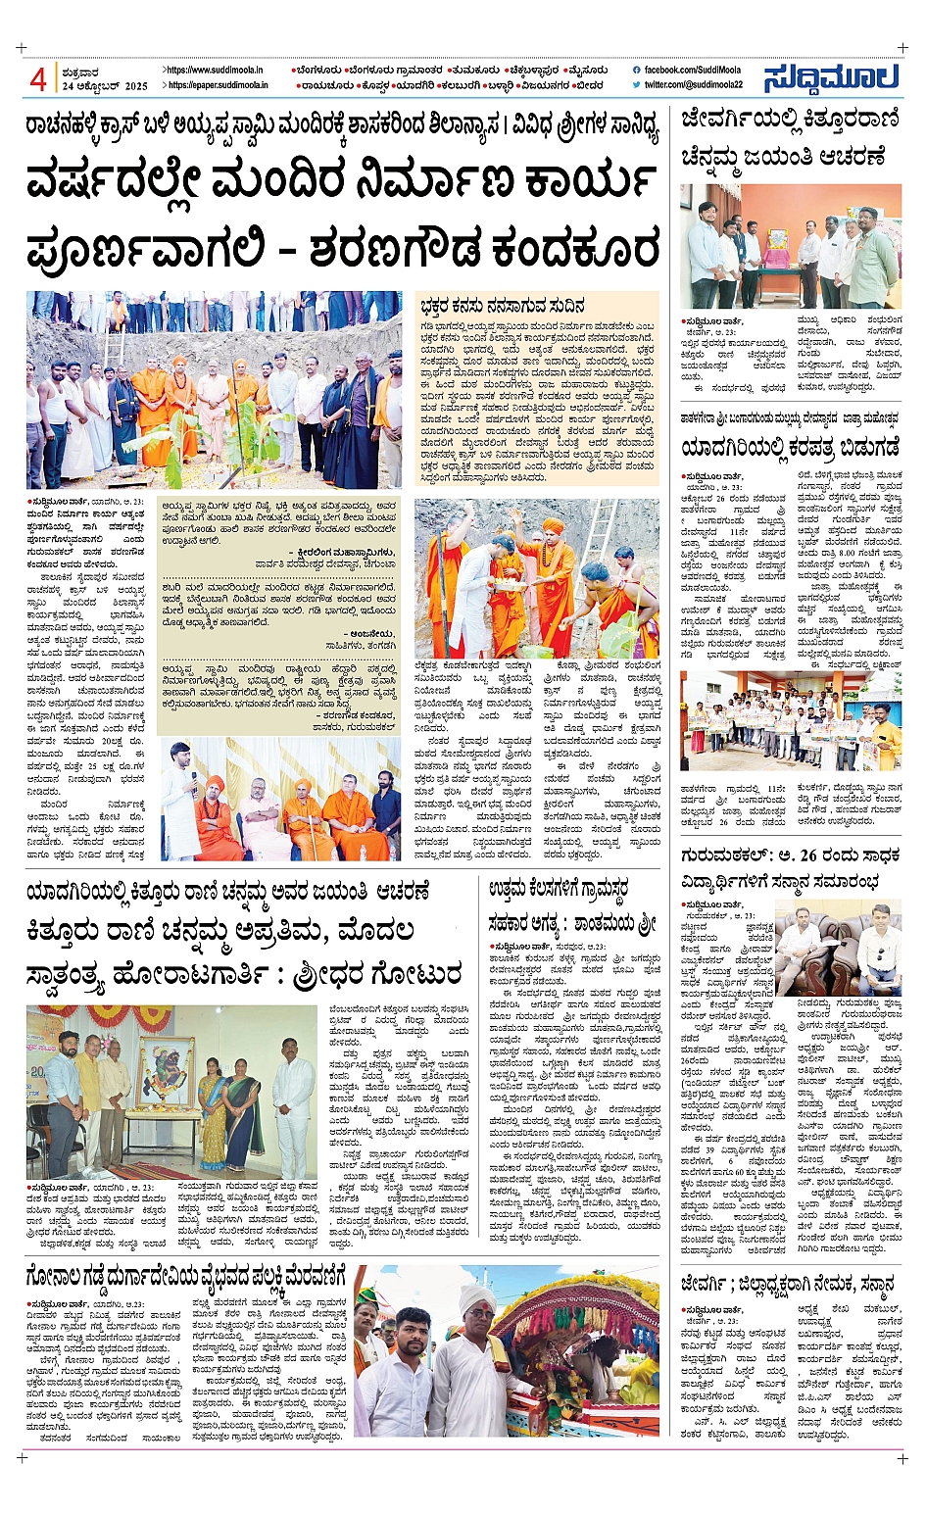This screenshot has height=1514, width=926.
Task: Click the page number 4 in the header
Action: coord(38,78)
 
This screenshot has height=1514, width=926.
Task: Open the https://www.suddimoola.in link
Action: coord(215,71)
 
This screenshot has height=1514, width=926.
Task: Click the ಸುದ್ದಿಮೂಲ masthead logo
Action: coord(830,78)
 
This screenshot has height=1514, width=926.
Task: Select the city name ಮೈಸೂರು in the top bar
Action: coord(587,71)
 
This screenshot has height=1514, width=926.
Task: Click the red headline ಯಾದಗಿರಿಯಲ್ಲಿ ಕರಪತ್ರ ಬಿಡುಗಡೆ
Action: coord(790,448)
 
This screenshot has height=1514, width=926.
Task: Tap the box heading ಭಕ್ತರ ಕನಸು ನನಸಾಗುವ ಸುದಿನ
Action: coord(503,306)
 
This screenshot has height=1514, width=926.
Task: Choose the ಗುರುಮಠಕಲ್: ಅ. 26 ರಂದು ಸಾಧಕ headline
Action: coord(790,855)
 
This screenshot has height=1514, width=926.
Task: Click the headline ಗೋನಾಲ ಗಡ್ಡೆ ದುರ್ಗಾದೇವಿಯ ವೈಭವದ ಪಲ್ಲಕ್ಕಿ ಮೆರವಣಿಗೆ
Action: coord(185,1277)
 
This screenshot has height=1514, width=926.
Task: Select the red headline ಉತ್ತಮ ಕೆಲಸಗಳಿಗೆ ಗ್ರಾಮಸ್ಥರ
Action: coord(559,890)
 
